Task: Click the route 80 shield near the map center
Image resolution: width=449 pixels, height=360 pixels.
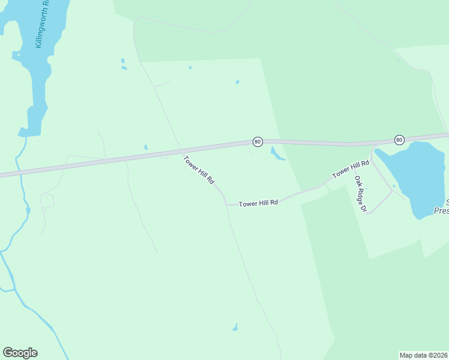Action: pos(258,142)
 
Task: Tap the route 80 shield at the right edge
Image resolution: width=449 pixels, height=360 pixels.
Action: pos(399,140)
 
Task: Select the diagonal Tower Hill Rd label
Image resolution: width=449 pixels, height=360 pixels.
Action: pos(199,170)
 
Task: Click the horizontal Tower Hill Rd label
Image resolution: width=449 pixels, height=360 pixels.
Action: pos(258,203)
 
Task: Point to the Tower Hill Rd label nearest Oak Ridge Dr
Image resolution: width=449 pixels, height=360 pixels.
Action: pos(351,169)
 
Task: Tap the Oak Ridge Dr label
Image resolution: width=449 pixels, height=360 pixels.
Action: pos(360,194)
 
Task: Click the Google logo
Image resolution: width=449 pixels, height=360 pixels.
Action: pos(20,353)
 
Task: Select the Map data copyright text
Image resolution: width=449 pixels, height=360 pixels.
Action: pos(424,355)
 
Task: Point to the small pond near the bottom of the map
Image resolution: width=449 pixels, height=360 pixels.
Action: pos(235,328)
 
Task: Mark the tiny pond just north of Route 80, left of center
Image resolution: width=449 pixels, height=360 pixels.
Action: pos(146,147)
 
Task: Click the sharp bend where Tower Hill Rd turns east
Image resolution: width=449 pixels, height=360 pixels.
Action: pos(226,204)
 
